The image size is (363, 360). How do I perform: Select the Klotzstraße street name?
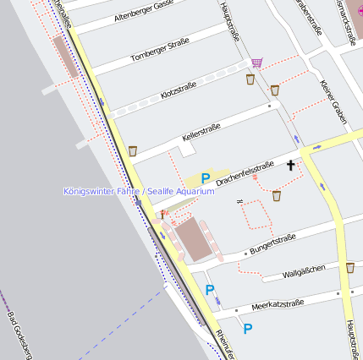click(x=178, y=90)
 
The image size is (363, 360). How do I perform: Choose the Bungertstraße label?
click(x=272, y=244)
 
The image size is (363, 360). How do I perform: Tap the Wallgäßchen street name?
click(x=305, y=270)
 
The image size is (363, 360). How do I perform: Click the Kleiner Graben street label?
click(x=333, y=101)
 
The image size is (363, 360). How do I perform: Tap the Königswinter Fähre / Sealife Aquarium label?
click(x=139, y=191)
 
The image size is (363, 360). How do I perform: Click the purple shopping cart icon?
click(x=256, y=63)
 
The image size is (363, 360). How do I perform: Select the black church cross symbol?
click(x=290, y=165)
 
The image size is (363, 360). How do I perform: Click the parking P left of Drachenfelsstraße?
click(x=205, y=178)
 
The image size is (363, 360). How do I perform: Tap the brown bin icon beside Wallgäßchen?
click(x=350, y=267)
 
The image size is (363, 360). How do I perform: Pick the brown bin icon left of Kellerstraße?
click(x=133, y=150)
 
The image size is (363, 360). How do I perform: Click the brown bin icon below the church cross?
click(x=277, y=195)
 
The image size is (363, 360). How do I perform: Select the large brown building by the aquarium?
click(x=191, y=238)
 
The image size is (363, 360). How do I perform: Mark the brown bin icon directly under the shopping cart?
click(x=250, y=79)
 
